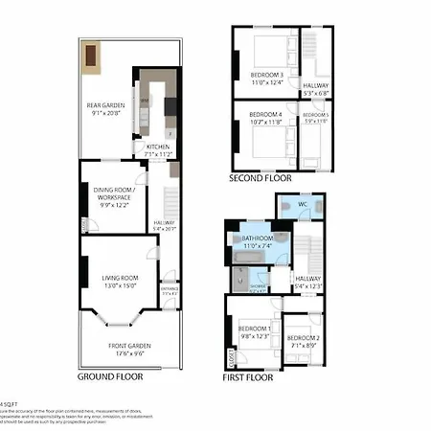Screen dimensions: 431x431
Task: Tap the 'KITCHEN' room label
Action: click(x=157, y=147)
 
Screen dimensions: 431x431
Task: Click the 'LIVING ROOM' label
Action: click(x=121, y=278)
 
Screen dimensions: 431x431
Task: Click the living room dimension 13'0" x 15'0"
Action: click(x=121, y=285)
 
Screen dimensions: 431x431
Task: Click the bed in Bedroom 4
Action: click(x=261, y=145)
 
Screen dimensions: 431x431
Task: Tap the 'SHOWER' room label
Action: click(x=258, y=286)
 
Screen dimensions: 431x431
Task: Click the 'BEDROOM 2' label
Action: click(x=303, y=338)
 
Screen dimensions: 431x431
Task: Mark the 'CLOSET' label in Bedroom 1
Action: click(x=231, y=356)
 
